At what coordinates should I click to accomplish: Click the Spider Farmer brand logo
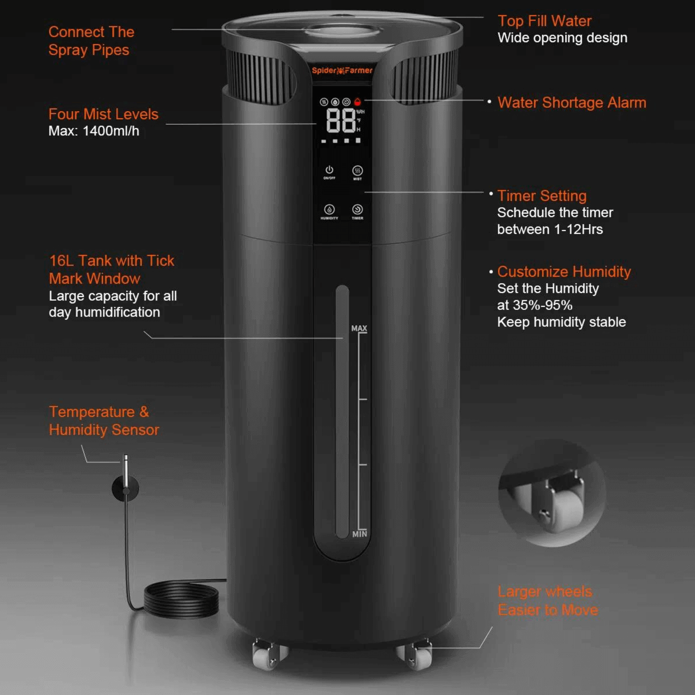342,70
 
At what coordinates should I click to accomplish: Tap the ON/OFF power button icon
329,170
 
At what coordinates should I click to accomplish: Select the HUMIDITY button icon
329,210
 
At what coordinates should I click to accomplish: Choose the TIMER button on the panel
357,210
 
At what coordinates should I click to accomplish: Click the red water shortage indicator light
357,102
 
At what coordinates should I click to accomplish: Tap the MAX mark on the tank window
359,328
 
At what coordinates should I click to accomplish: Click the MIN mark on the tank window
360,534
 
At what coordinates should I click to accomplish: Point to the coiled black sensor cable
181,599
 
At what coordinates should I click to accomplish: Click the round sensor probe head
125,488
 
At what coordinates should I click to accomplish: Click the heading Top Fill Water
544,21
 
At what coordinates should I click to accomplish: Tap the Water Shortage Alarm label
572,102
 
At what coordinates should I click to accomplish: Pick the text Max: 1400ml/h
94,131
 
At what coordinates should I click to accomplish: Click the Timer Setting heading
542,196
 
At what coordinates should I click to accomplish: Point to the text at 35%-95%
535,305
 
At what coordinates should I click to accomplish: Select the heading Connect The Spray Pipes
91,41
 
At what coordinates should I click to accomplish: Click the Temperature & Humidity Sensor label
104,421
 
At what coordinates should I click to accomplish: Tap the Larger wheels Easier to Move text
548,600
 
